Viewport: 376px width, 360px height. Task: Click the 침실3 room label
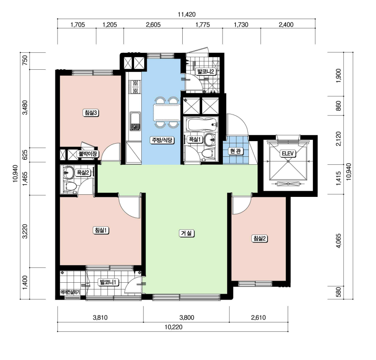pos(91,112)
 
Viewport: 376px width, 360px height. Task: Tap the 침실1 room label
pos(101,230)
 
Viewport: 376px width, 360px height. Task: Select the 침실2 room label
pos(259,239)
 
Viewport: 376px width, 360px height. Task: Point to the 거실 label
pos(187,233)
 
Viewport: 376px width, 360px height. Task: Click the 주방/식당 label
pos(162,140)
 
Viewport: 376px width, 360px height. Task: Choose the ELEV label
pos(288,153)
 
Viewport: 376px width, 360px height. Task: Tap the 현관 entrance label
pos(236,151)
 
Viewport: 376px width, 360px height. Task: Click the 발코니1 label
pos(108,282)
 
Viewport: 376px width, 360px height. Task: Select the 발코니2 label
pos(206,71)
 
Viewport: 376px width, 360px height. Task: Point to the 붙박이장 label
pos(88,154)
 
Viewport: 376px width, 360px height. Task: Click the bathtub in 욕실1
pos(203,124)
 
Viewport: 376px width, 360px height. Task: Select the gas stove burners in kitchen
pos(135,87)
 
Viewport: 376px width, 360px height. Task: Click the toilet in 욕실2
pos(70,186)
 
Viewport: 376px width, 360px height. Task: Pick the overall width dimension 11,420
pos(187,14)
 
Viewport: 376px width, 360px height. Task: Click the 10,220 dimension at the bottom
pos(173,327)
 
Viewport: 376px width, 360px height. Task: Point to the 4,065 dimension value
pos(339,241)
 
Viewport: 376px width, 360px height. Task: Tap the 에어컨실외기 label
pos(70,292)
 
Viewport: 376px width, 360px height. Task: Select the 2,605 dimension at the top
pos(153,25)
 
